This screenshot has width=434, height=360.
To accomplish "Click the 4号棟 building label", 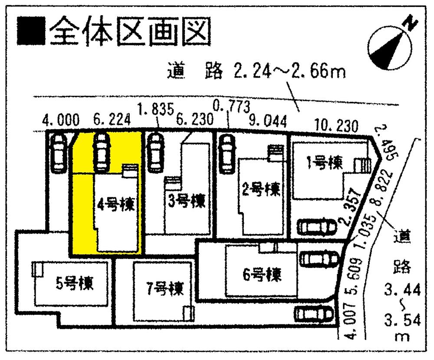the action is coord(115,204).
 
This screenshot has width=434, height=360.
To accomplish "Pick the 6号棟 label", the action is coord(262,275).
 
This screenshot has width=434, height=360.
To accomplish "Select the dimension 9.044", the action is coord(268,122).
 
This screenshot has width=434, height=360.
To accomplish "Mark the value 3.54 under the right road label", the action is coord(402,321).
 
